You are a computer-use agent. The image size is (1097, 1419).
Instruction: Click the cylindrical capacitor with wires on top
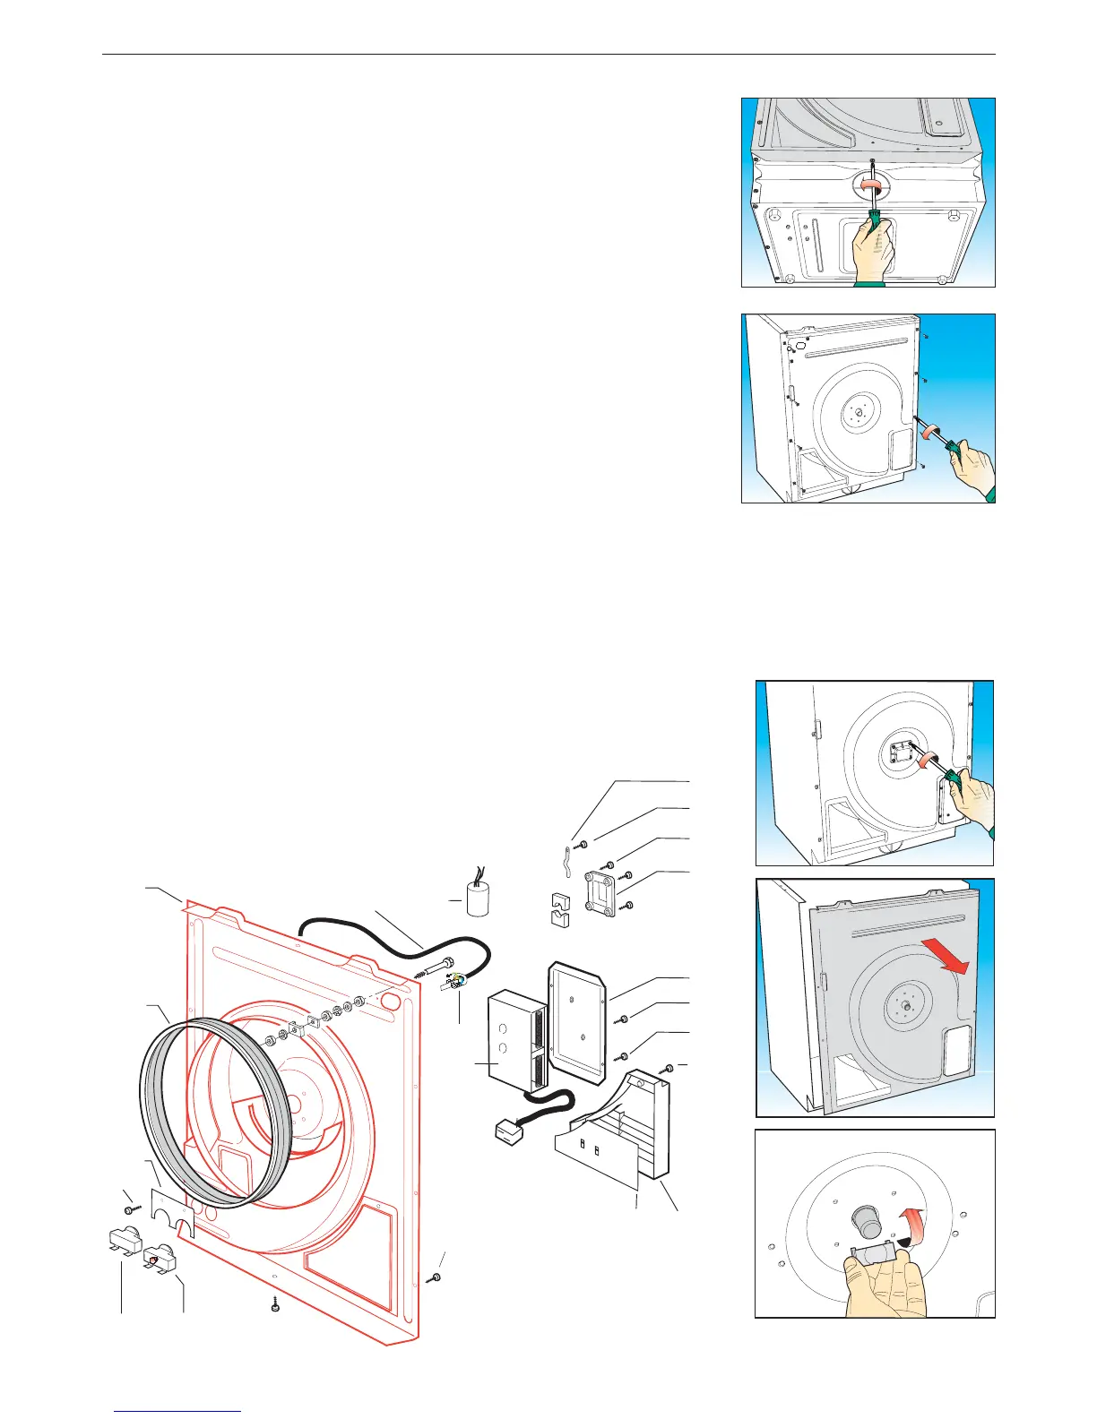click(478, 899)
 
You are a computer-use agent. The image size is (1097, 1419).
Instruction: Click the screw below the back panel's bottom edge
click(274, 1307)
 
